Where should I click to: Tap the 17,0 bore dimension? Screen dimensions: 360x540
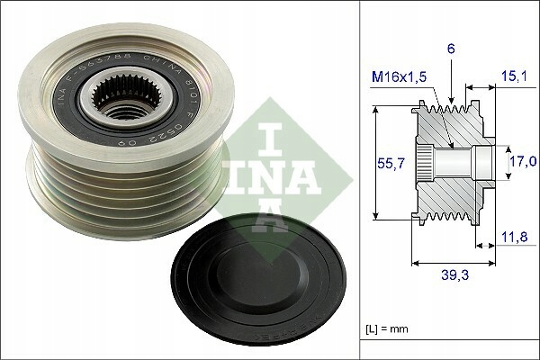521,162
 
